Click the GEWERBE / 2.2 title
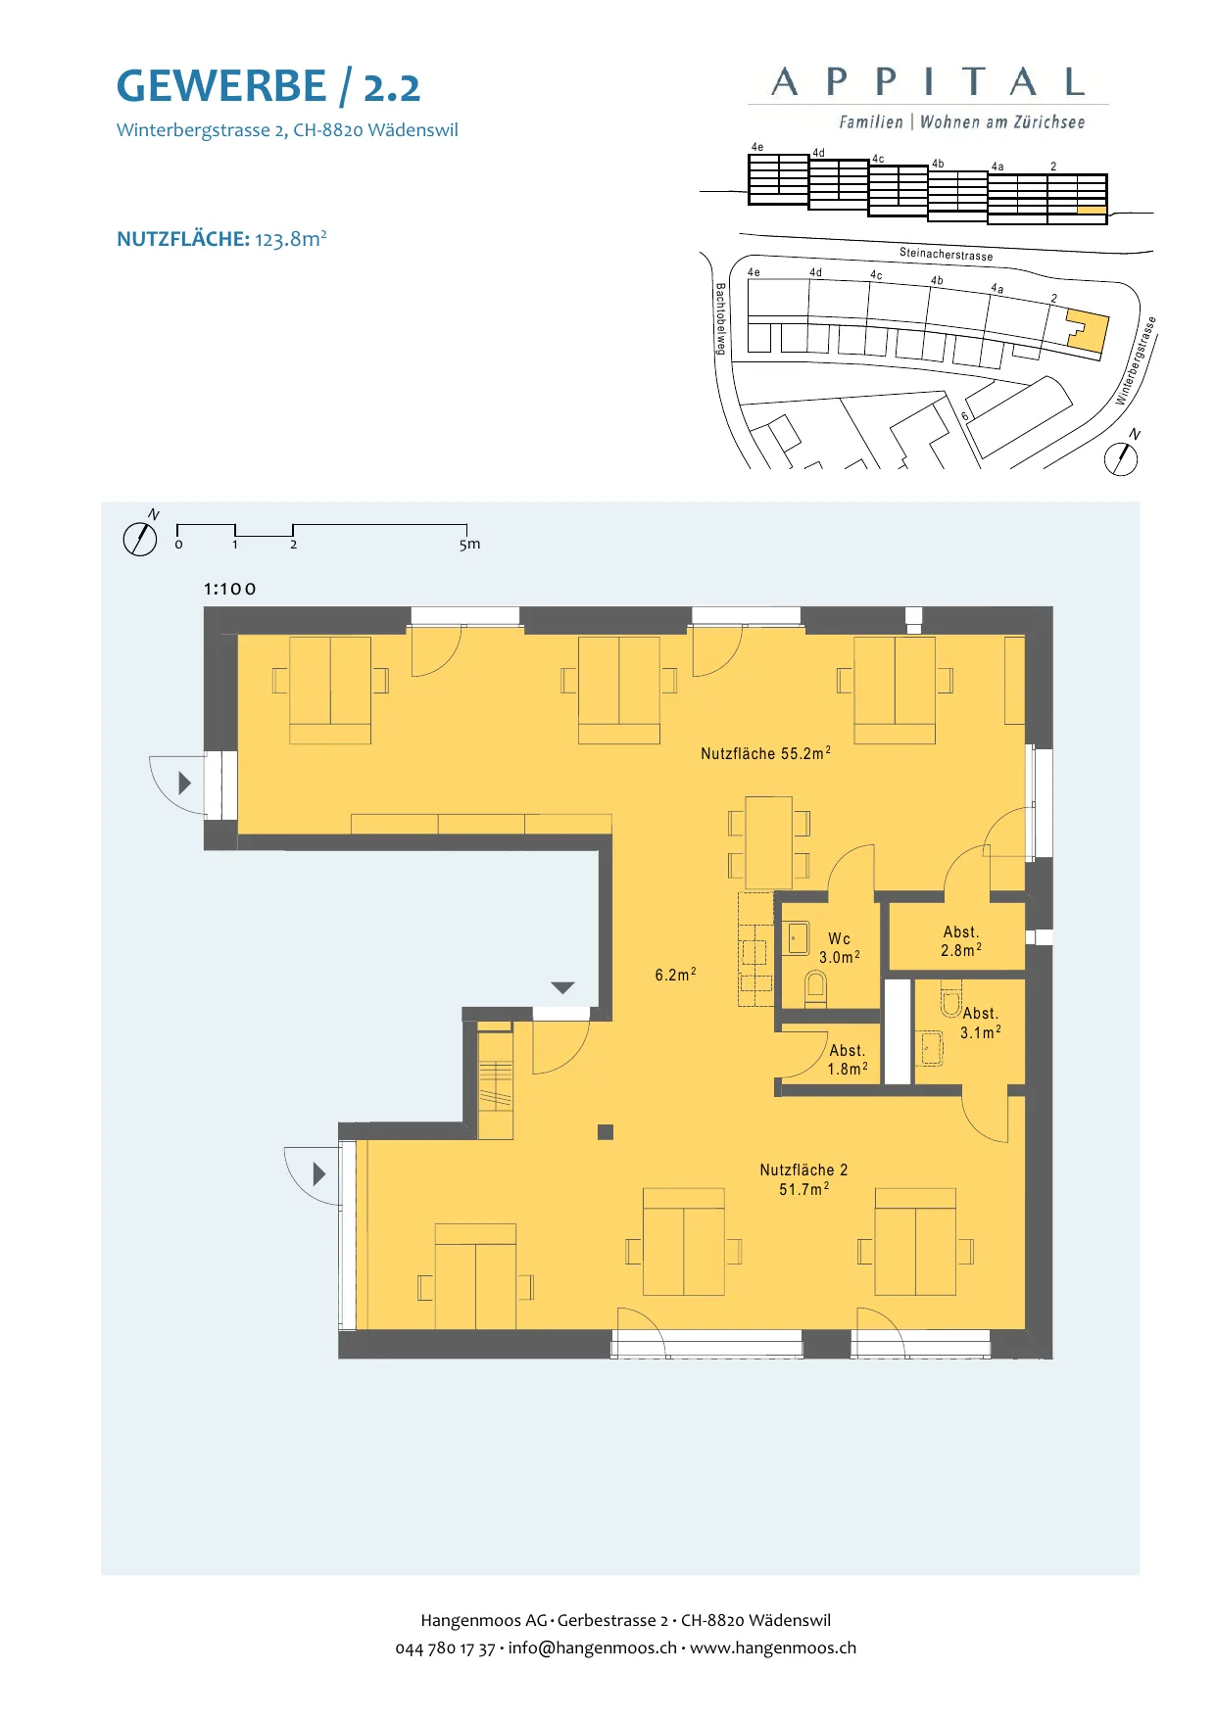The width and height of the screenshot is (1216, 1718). [x=268, y=86]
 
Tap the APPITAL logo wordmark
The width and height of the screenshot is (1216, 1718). [x=928, y=82]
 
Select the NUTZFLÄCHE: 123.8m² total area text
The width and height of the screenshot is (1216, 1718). [x=221, y=239]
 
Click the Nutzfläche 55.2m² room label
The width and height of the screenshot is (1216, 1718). [x=765, y=753]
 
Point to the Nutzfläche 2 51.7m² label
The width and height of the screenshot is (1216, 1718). [x=803, y=1179]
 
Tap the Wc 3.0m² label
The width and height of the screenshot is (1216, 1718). [x=840, y=948]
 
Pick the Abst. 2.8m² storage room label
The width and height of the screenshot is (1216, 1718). [x=961, y=941]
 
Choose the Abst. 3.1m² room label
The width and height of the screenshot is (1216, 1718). [x=981, y=1023]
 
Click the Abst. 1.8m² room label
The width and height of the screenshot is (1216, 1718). [x=848, y=1060]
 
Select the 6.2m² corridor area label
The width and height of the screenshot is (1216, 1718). [x=675, y=975]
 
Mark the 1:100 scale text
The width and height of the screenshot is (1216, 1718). [x=230, y=589]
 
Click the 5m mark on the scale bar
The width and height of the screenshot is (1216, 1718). [x=469, y=545]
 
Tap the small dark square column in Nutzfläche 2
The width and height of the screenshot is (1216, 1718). [x=606, y=1132]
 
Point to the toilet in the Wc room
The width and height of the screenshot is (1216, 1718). [x=815, y=988]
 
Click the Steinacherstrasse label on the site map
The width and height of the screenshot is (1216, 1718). [x=947, y=255]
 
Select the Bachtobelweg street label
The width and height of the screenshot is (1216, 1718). [x=720, y=319]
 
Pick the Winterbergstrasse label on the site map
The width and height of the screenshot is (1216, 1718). [x=1137, y=360]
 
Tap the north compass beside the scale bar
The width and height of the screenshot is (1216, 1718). [x=140, y=538]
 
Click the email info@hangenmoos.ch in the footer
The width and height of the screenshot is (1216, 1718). [x=592, y=1648]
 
